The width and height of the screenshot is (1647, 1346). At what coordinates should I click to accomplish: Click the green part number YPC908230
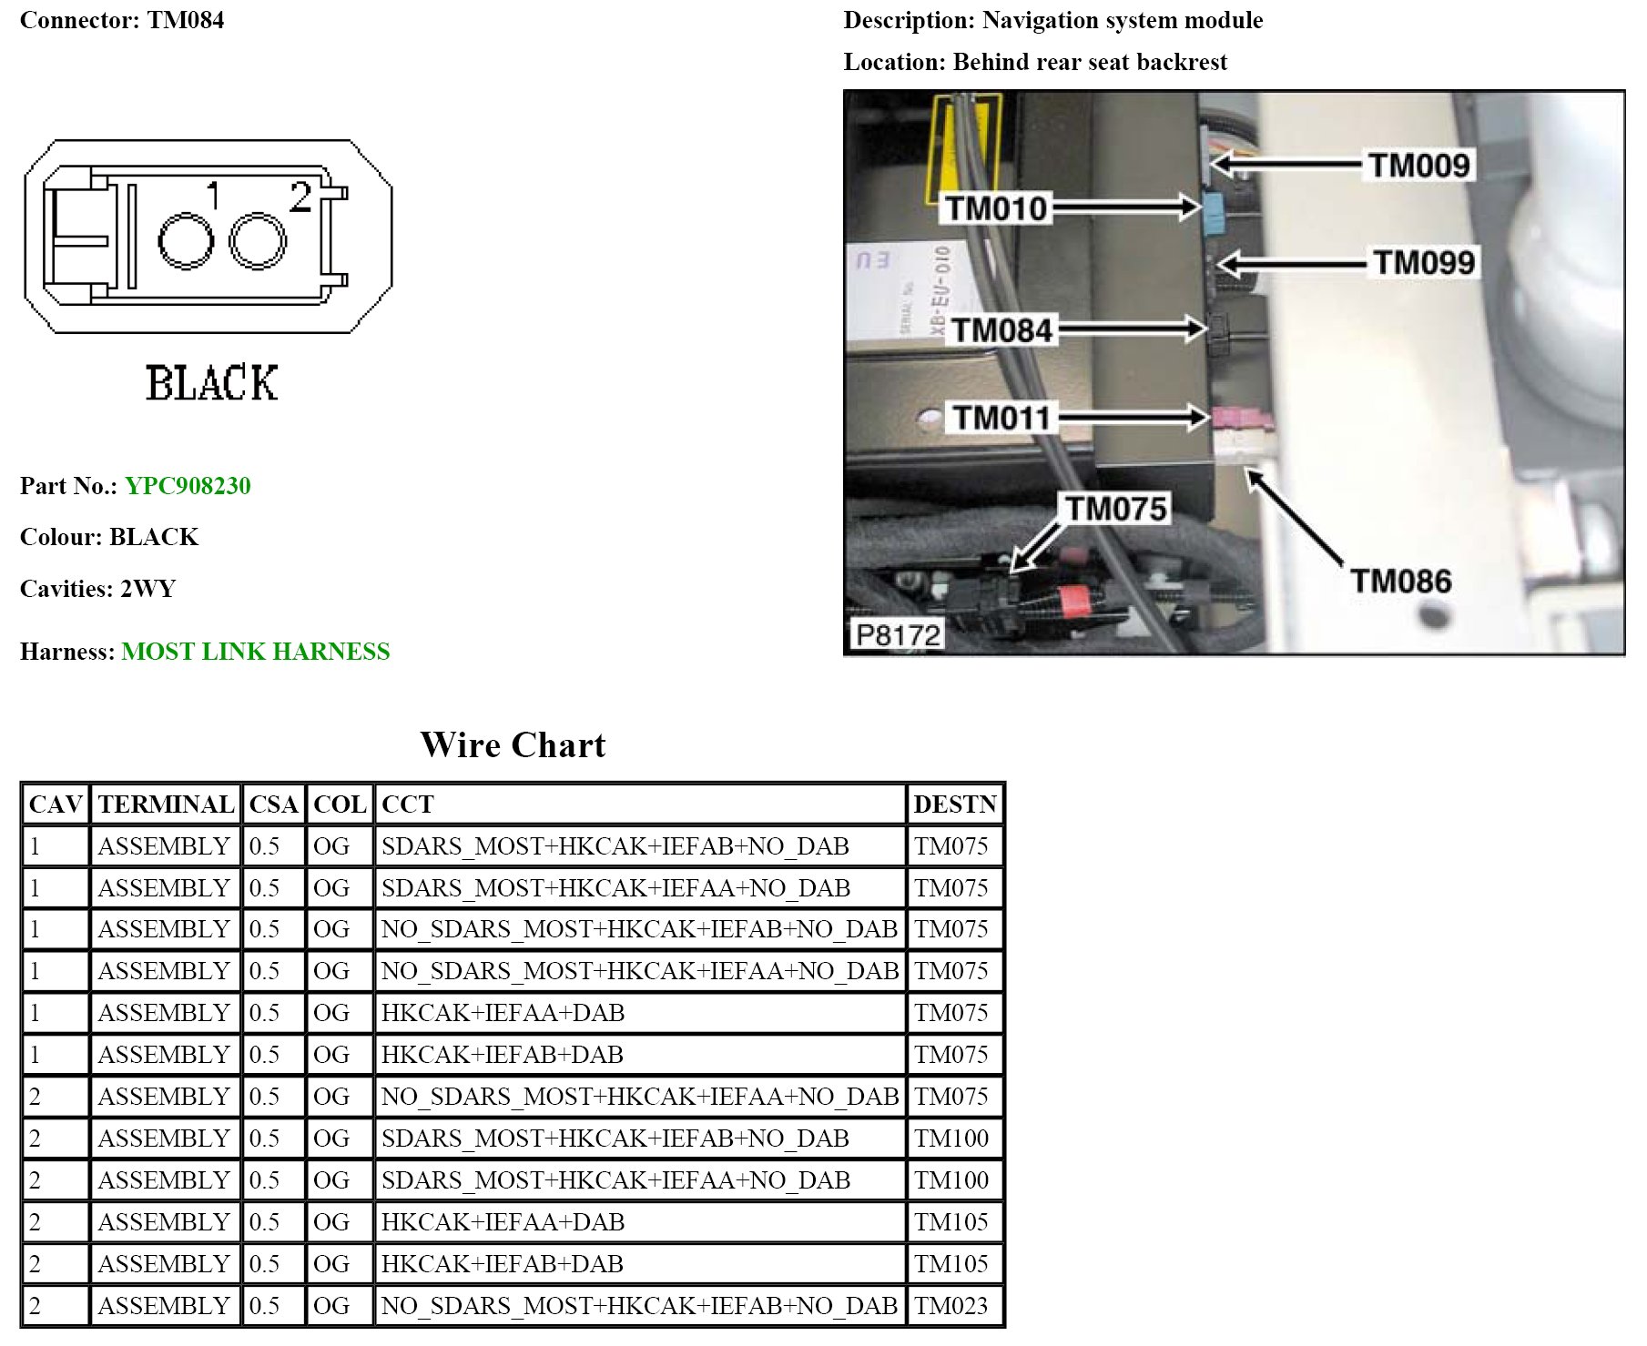click(188, 486)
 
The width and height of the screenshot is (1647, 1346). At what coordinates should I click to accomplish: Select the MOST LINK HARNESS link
click(255, 652)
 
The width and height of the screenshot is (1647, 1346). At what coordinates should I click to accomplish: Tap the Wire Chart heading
click(513, 745)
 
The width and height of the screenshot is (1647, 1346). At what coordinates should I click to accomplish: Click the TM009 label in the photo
click(1418, 166)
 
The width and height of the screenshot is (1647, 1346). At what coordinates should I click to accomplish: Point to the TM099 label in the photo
click(1423, 263)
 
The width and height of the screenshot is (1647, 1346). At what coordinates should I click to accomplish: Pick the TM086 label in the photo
click(1400, 581)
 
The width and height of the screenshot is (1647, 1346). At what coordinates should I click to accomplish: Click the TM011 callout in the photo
click(1001, 419)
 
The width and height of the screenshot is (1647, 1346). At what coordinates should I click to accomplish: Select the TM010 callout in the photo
click(997, 209)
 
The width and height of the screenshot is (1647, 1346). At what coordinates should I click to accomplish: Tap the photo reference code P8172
click(898, 634)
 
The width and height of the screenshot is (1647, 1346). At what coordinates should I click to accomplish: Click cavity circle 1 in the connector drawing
click(186, 241)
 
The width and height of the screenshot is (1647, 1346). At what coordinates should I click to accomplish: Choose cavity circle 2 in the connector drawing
click(258, 241)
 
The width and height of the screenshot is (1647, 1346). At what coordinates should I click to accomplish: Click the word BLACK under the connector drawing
click(211, 383)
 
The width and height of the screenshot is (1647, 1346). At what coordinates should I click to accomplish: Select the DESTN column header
click(955, 805)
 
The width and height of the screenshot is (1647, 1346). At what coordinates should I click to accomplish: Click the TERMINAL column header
click(166, 805)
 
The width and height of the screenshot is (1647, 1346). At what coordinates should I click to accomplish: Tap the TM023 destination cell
click(951, 1306)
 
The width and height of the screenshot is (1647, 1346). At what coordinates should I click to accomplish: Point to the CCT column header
click(407, 805)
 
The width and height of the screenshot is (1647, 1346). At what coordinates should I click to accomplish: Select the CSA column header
click(273, 805)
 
